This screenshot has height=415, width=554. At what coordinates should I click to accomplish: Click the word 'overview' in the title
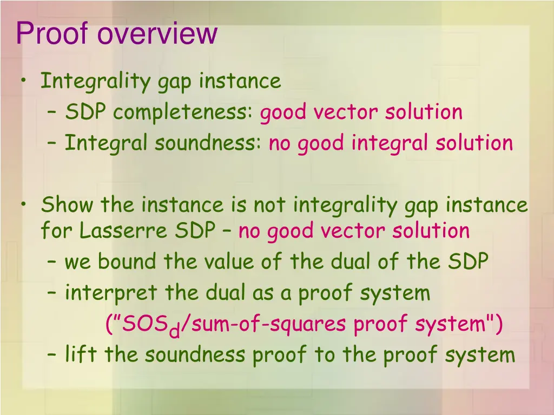click(157, 34)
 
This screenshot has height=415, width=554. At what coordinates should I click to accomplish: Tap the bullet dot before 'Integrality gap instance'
click(24, 81)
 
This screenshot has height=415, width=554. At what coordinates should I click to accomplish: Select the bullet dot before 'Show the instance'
click(24, 205)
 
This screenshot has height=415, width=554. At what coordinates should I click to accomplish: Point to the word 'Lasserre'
click(124, 231)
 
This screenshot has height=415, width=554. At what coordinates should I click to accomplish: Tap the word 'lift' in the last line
click(82, 355)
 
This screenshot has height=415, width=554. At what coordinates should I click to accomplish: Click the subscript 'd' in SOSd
click(174, 330)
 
